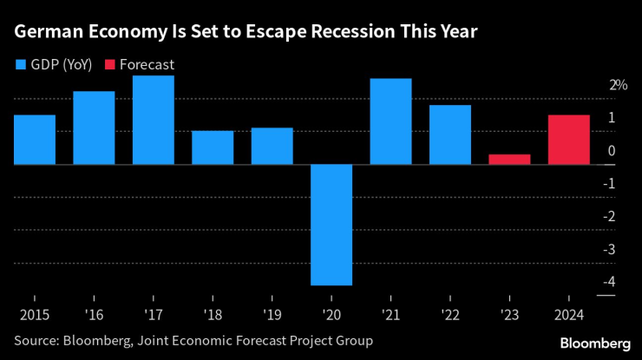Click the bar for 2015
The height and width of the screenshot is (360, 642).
[35, 139]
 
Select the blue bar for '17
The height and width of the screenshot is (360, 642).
[154, 120]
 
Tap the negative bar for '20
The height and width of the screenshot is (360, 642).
[331, 224]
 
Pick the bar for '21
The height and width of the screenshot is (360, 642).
[390, 121]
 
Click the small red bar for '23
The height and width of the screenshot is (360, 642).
[509, 159]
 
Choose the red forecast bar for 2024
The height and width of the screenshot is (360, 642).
[569, 139]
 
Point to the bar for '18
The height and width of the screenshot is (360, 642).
[213, 147]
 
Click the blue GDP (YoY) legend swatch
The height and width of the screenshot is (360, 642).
[21, 63]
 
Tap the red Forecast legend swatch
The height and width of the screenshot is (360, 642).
[110, 63]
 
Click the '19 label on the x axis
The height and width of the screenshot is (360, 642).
[272, 313]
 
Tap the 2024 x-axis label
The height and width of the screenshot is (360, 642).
[569, 313]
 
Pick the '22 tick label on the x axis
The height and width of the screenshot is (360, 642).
[450, 313]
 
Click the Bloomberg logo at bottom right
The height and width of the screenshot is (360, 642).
[595, 342]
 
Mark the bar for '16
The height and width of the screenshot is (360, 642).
[94, 128]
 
